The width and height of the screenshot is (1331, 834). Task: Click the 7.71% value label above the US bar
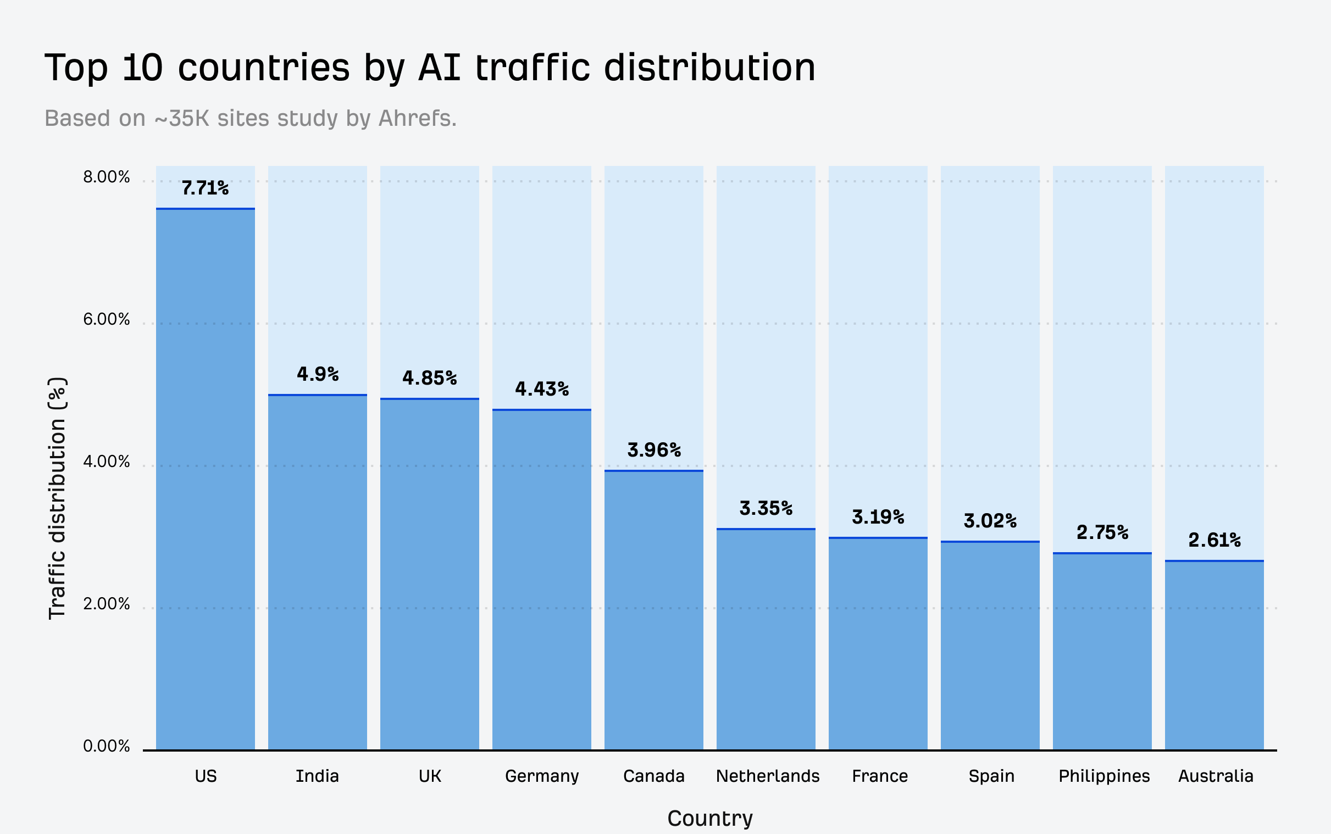click(205, 188)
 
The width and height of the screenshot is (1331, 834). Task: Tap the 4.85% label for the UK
click(429, 378)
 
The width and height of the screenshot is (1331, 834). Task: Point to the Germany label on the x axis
click(542, 776)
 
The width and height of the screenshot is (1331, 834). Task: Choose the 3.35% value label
click(766, 508)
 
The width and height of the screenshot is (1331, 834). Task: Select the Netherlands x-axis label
click(767, 776)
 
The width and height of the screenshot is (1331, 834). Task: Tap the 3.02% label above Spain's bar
click(990, 520)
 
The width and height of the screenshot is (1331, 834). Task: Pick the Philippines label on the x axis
click(1103, 776)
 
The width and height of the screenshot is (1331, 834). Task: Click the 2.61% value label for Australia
click(1214, 540)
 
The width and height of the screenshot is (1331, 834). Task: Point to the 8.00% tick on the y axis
click(107, 177)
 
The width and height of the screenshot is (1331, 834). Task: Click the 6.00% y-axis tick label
click(107, 319)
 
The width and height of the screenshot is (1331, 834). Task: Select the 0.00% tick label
click(107, 746)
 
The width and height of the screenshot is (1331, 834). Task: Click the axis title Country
click(710, 818)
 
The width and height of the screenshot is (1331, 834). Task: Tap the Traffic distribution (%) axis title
click(57, 498)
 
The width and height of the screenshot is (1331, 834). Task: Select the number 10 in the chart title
click(142, 68)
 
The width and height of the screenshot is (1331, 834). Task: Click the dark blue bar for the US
click(205, 479)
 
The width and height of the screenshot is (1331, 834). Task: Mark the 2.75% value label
click(1102, 532)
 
